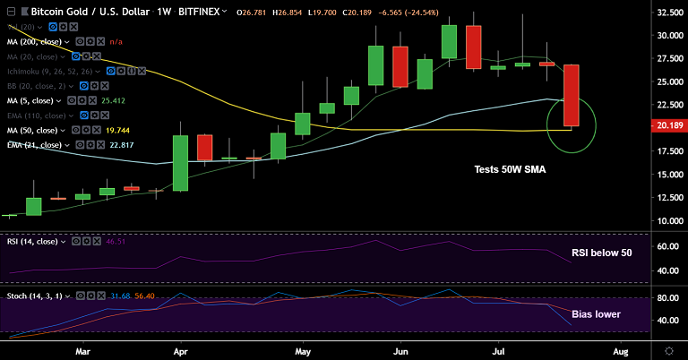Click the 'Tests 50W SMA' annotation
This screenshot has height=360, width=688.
pos(509,169)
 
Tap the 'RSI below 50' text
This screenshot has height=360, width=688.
pos(601,253)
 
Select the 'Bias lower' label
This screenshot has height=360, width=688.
pos(595,314)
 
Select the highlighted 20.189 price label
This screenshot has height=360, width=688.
pos(667,126)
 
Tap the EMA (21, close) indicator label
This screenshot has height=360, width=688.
pos(34,144)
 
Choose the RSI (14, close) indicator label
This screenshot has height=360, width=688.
pos(33,241)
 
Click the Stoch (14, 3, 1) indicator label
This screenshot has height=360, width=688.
pos(35,296)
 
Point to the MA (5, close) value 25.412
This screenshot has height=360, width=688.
pos(137,101)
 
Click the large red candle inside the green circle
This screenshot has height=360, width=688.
pos(571,95)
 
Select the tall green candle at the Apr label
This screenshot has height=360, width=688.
pos(181,163)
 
